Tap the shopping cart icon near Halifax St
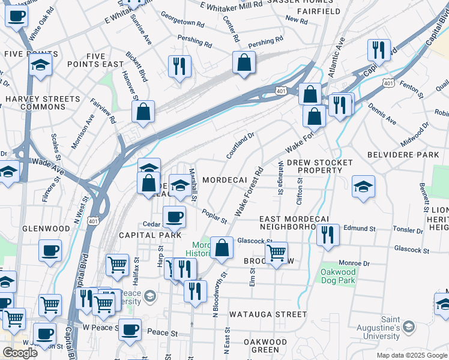pyautogui.click(x=118, y=264)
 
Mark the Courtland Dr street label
pyautogui.click(x=240, y=146)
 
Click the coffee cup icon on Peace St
pyautogui.click(x=130, y=329)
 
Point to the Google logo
pyautogui.click(x=20, y=353)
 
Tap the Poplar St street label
pyautogui.click(x=214, y=216)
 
